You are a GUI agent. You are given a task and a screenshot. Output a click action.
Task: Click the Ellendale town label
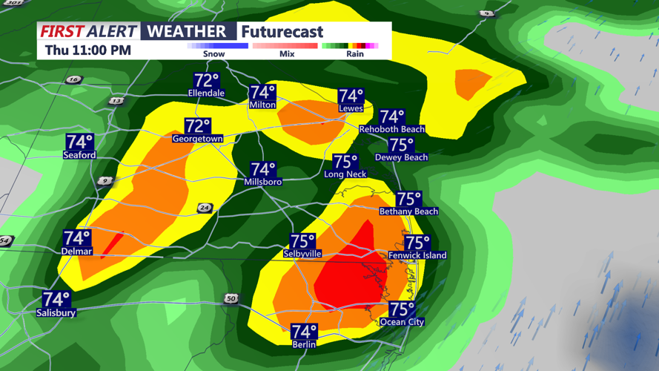[x=206, y=93]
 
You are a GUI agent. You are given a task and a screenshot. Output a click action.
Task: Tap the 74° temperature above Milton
[x=262, y=93]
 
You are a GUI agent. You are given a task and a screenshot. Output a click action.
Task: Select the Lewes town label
[x=351, y=108]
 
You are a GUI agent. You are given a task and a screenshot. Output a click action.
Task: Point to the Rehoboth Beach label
[x=391, y=129]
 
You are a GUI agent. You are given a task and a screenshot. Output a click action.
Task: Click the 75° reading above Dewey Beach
[x=401, y=145]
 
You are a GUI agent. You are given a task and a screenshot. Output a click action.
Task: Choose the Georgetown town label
[x=197, y=139]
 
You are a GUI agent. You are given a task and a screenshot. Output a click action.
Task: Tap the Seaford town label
[x=79, y=155]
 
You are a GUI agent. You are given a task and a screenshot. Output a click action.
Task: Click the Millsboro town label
[x=263, y=182]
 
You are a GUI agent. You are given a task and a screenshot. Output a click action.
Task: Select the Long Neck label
[x=345, y=174]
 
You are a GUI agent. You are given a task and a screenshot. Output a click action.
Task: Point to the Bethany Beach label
[x=408, y=211]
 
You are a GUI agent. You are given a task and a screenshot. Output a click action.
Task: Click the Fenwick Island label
[x=417, y=255]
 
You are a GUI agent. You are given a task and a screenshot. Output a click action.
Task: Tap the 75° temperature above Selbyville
[x=302, y=241]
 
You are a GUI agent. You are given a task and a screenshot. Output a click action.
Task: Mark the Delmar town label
[x=76, y=252]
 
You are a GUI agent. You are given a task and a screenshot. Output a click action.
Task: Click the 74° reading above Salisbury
[x=56, y=299]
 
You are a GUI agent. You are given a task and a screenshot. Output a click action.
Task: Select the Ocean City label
[x=402, y=322]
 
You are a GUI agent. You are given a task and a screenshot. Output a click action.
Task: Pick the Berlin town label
[x=304, y=344]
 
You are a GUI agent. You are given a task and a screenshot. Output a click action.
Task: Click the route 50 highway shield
[x=231, y=298]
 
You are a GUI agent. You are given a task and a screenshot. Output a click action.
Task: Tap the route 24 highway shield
[x=204, y=208]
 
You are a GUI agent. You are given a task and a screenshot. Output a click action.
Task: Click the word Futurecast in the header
[x=282, y=32]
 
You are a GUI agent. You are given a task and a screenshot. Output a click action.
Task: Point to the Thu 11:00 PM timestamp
[x=87, y=50]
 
